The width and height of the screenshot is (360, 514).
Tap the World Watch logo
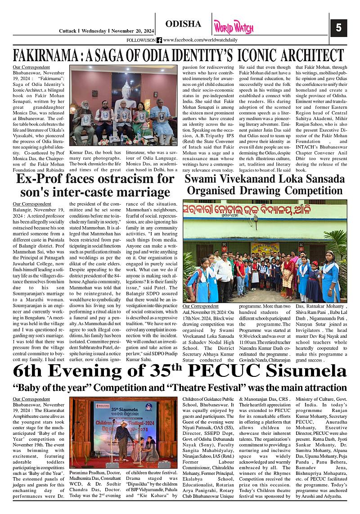click(234, 27)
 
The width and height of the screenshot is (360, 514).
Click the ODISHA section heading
click(183, 24)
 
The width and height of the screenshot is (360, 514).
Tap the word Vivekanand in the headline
click(246, 178)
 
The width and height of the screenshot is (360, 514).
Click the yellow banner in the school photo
click(265, 249)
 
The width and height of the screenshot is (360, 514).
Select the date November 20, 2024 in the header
click(132, 31)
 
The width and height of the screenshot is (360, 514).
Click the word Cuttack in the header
click(68, 31)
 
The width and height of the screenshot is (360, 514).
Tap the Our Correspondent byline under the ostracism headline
click(29, 204)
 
